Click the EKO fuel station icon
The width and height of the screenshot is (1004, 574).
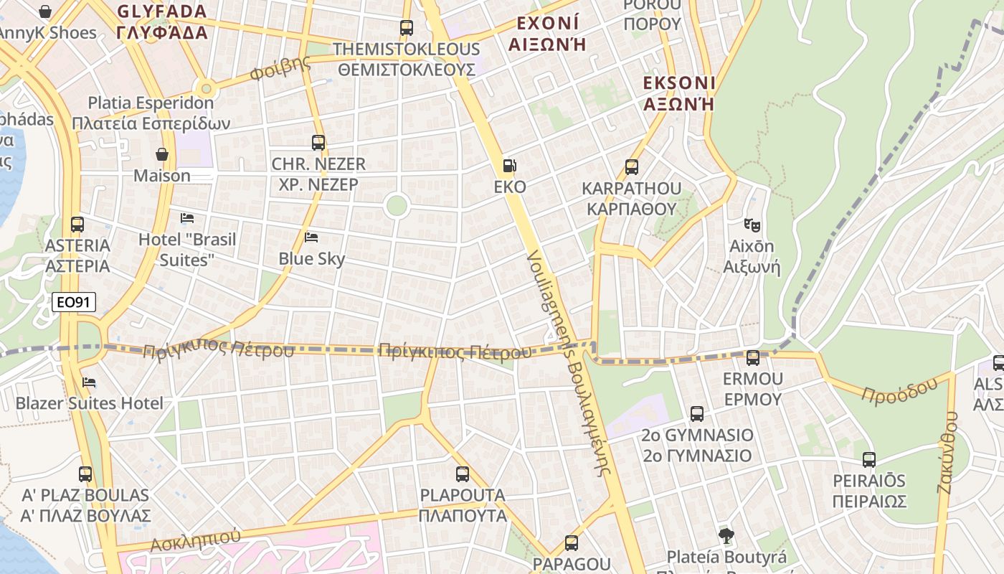[509, 166]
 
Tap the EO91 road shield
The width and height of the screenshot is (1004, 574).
[74, 302]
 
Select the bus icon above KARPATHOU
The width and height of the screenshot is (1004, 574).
[632, 167]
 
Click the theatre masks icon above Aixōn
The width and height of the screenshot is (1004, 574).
[752, 225]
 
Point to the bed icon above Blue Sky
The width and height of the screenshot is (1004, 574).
[311, 237]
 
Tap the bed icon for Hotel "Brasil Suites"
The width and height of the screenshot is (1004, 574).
[187, 217]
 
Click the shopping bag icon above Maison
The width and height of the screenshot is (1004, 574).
[163, 154]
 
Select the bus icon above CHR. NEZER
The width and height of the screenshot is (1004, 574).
[318, 142]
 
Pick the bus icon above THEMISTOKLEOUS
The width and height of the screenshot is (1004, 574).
[407, 28]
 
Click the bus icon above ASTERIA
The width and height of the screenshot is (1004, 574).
[77, 224]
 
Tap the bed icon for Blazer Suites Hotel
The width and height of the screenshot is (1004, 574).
[89, 382]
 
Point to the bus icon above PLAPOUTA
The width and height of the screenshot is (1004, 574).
[463, 474]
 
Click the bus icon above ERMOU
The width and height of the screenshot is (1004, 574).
[753, 357]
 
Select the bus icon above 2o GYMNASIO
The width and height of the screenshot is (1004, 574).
[697, 413]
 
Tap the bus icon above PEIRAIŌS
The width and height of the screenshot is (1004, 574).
[869, 459]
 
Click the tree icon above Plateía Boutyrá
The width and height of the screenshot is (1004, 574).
[726, 535]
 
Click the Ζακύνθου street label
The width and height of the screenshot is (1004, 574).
[948, 452]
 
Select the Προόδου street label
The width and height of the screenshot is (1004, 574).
[899, 390]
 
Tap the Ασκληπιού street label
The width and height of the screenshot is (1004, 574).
[195, 540]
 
